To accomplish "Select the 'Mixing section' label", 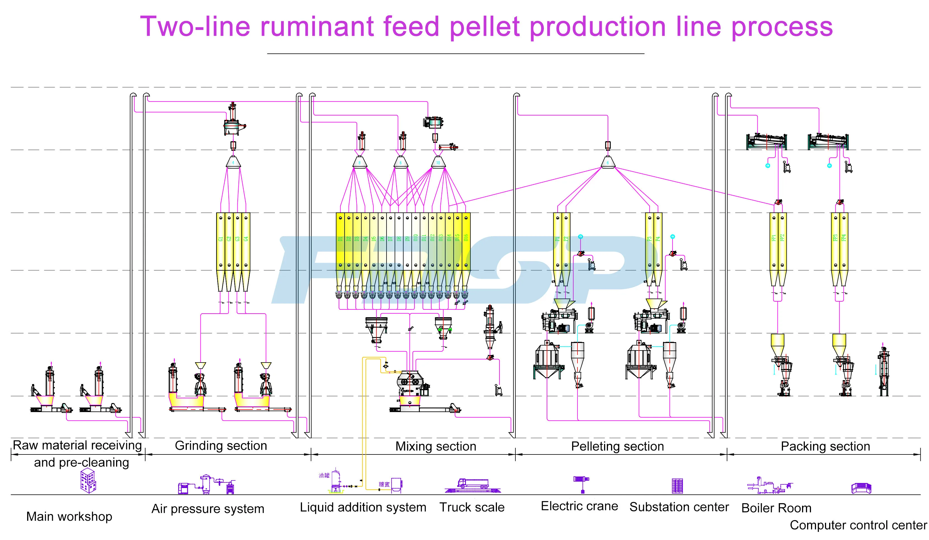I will [436, 446].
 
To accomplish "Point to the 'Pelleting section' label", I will [617, 446].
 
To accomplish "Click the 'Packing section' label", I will [825, 446].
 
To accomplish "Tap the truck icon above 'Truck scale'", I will [473, 485].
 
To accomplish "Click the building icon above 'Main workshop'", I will [88, 480].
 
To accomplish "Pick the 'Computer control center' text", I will [858, 525].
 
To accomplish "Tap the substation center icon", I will [677, 486].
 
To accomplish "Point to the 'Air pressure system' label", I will [208, 509].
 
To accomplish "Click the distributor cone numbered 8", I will [359, 162].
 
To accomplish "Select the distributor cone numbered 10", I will [438, 162].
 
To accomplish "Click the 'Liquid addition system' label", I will [363, 508].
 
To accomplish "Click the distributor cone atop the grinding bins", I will [233, 162].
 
